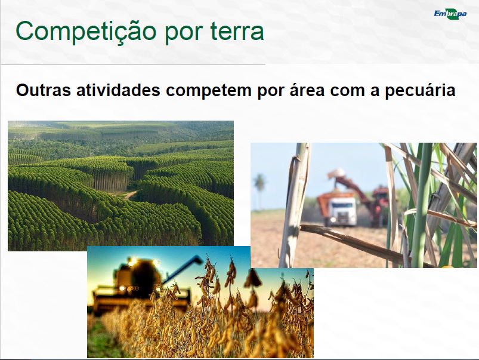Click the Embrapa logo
(450, 14)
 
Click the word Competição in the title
(86, 32)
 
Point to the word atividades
(118, 90)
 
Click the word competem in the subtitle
(209, 91)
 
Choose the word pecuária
(420, 91)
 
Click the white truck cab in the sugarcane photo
(341, 211)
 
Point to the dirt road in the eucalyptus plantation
(130, 195)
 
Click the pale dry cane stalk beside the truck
(295, 205)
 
